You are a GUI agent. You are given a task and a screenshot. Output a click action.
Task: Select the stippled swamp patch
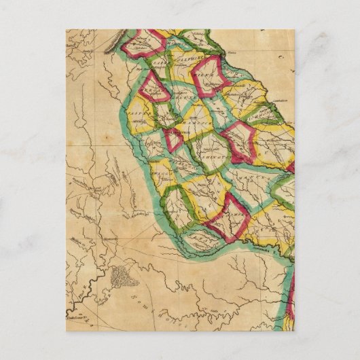123,275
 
